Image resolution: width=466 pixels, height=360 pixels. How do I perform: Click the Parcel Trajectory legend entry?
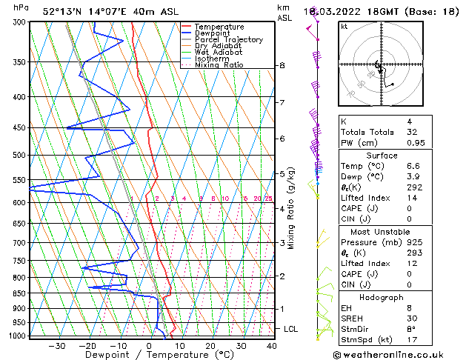[228, 40]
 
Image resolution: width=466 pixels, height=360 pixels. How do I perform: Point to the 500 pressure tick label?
[16, 155]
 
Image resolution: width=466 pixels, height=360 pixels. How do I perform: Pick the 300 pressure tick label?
[16, 22]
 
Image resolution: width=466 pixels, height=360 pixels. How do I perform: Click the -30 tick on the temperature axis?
[56, 346]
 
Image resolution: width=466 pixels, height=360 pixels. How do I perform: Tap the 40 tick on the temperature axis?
[271, 346]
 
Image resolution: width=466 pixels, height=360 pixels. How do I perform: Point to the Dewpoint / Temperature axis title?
[149, 356]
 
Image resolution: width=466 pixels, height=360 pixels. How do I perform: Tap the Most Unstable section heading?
[382, 231]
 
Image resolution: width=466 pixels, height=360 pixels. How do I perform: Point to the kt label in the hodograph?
[344, 27]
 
